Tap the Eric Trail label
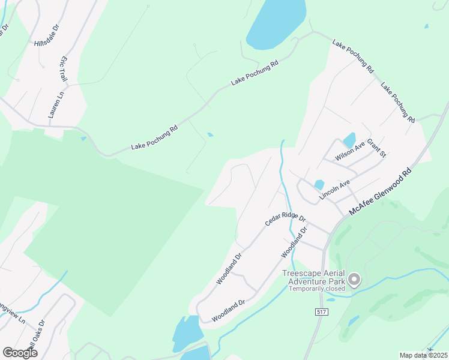63,70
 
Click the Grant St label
376,147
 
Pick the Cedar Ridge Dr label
286,221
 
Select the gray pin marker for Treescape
354,279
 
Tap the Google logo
19,353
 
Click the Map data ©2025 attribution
424,355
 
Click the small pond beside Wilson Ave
349,140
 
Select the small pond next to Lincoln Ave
319,185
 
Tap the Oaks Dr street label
38,331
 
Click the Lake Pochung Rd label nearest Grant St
398,102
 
